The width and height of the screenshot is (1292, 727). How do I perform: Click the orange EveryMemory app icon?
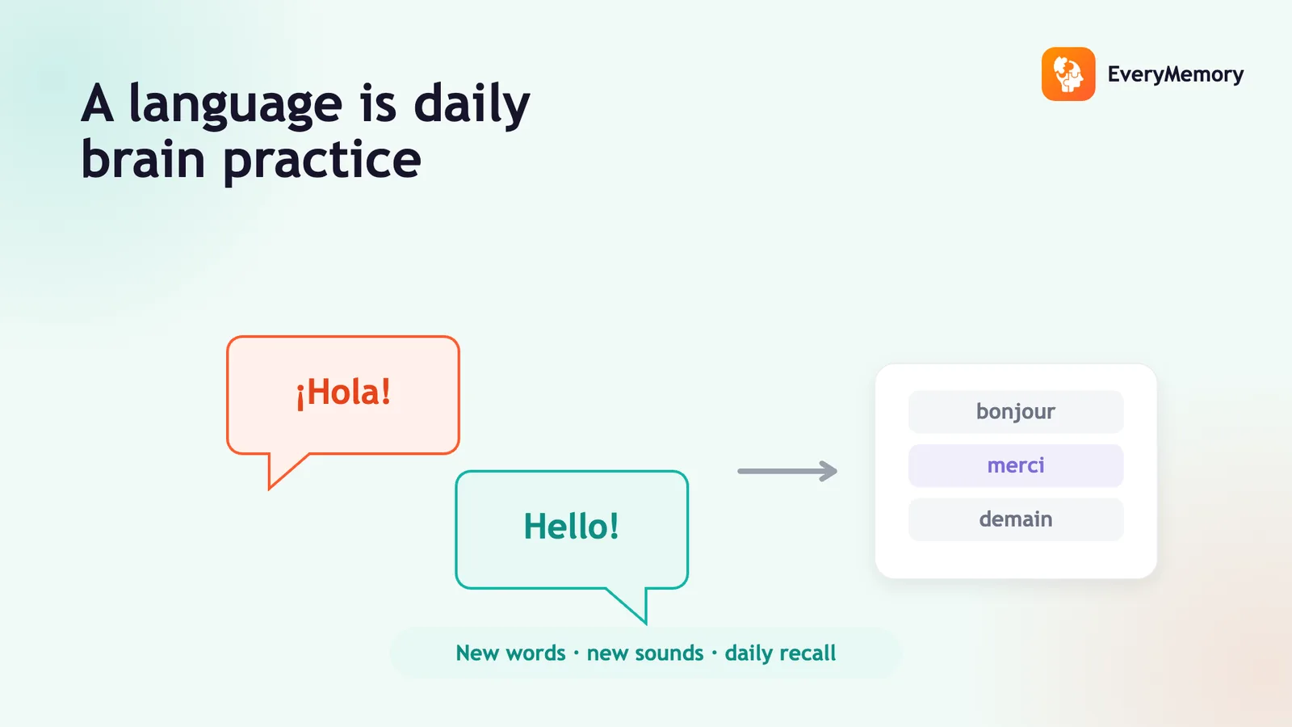click(1068, 74)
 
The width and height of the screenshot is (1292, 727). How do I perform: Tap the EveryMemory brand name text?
click(1176, 74)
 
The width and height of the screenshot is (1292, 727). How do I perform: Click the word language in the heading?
click(235, 105)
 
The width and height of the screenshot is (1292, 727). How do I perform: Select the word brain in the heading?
click(143, 158)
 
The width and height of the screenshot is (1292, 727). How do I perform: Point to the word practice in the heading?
click(322, 161)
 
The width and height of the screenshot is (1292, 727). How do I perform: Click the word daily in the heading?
click(472, 104)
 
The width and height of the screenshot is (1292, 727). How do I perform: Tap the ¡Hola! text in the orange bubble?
click(344, 393)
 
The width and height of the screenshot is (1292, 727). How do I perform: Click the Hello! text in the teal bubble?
click(571, 526)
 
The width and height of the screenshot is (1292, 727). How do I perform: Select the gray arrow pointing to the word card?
click(787, 471)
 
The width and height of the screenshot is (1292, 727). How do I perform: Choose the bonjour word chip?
click(1016, 411)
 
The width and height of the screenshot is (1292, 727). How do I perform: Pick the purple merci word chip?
click(1016, 465)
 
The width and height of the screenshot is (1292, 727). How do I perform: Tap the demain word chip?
click(1016, 519)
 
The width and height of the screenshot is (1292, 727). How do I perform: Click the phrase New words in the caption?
click(510, 653)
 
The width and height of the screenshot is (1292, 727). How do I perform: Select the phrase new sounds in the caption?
click(645, 653)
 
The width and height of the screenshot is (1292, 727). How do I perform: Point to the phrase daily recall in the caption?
click(780, 653)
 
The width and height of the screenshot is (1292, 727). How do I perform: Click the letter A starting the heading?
click(97, 104)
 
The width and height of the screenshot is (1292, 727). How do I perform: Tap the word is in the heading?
click(379, 104)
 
